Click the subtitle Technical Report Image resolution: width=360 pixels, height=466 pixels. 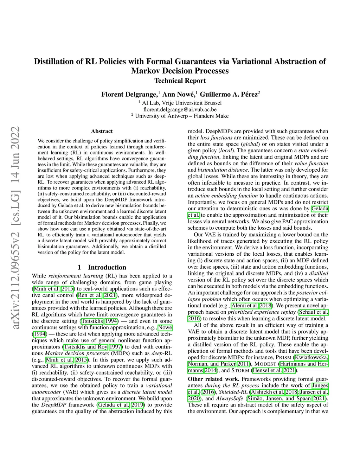click(x=180, y=81)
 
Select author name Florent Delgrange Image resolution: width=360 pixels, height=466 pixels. click(x=129, y=94)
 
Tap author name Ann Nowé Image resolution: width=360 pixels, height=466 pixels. click(x=179, y=94)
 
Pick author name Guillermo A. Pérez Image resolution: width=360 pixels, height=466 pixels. click(x=229, y=94)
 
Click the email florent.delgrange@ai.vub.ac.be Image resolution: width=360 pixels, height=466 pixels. click(x=180, y=109)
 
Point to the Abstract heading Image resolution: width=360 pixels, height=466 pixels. click(x=102, y=131)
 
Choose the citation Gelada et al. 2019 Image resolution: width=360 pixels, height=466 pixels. click(x=121, y=405)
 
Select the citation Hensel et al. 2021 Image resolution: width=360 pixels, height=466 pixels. click(x=275, y=370)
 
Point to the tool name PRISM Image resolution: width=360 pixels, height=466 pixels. click(x=284, y=357)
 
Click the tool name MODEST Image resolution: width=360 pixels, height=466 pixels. click(x=265, y=364)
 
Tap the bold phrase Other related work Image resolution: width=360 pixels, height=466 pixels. click(x=213, y=379)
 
